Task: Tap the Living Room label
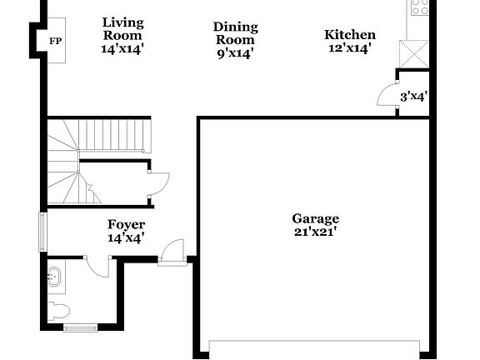[x=122, y=29]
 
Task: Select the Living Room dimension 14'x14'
[x=122, y=49]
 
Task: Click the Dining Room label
[x=235, y=33]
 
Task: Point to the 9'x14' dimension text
[x=235, y=53]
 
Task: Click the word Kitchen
[x=349, y=35]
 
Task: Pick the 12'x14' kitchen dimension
[x=349, y=48]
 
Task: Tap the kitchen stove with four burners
[x=419, y=7]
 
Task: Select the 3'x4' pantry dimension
[x=414, y=97]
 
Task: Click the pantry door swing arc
[x=385, y=95]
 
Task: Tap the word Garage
[x=315, y=219]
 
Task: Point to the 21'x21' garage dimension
[x=315, y=232]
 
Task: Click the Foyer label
[x=126, y=225]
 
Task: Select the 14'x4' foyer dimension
[x=126, y=238]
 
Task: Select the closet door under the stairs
[x=157, y=185]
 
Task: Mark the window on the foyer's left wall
[x=42, y=232]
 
